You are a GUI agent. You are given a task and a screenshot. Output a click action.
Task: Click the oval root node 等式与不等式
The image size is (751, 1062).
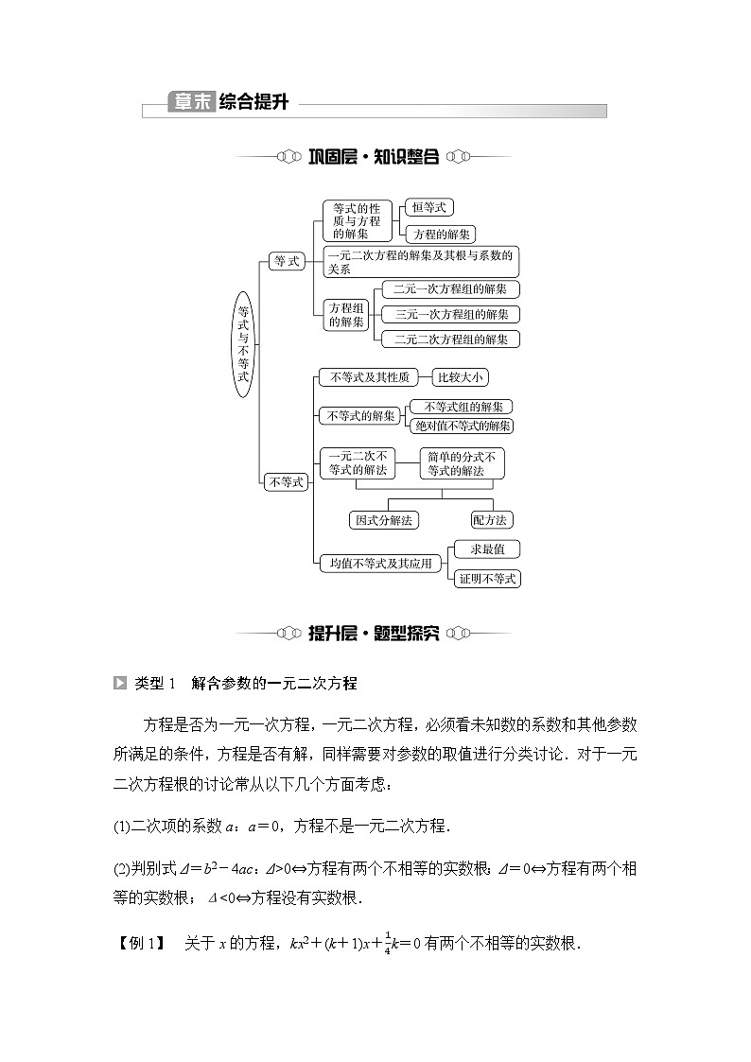coord(243,343)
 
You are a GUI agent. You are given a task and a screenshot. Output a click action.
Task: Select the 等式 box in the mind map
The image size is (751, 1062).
coord(286,261)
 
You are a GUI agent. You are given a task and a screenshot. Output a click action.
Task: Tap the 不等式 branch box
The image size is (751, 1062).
coord(286,482)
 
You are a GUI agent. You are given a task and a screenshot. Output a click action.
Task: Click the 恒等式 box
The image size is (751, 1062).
coord(428,207)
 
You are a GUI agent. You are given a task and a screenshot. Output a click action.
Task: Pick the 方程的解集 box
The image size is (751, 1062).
coord(438,234)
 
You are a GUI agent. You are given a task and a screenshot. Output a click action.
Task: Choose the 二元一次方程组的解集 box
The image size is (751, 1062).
coord(450,289)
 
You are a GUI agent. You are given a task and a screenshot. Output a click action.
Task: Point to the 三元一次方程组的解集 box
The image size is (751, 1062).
coord(450,314)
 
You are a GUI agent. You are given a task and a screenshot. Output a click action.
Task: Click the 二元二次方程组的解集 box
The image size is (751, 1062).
coord(450,339)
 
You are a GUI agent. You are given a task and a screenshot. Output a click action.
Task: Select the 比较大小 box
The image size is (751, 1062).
coord(461,377)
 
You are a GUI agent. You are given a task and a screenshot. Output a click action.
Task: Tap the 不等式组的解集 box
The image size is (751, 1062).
coord(462,407)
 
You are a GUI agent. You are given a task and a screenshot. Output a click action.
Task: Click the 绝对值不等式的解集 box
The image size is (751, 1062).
coord(462,426)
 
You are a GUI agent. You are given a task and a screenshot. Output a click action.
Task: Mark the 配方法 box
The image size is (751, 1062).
coord(492,519)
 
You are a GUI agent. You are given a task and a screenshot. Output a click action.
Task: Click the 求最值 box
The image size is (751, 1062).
coord(487,548)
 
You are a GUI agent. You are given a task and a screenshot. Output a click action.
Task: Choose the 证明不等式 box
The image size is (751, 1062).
coord(487,578)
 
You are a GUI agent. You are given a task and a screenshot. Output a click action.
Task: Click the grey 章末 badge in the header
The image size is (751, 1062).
coord(190,102)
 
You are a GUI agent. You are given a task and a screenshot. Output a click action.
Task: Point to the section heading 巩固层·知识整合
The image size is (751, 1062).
coord(374,157)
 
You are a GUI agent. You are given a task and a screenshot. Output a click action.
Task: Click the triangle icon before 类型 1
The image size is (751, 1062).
coord(119,683)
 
